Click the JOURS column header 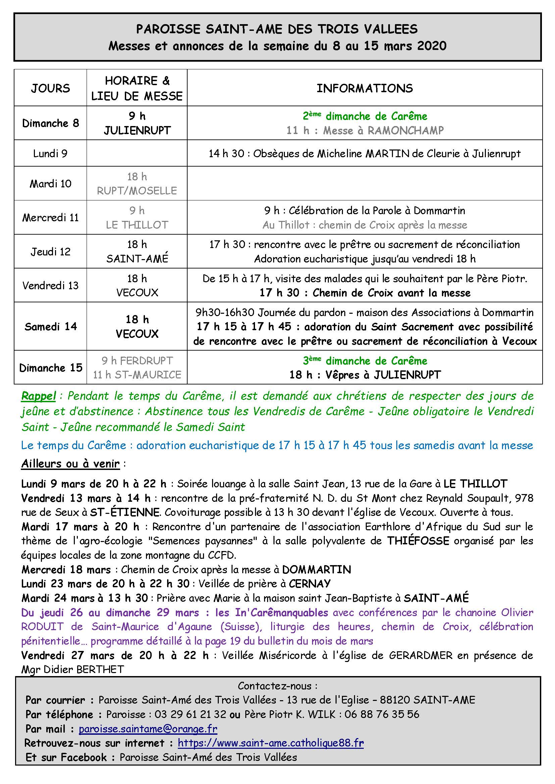(x=50, y=88)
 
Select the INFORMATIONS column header (x=365, y=88)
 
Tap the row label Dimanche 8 (x=50, y=123)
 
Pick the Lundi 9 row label (x=50, y=153)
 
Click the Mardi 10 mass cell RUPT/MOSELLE (x=137, y=190)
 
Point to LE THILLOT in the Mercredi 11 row (x=137, y=225)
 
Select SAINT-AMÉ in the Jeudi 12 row (x=137, y=258)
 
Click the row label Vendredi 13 (x=50, y=285)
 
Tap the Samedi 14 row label (x=50, y=326)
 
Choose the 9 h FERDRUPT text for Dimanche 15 (x=137, y=361)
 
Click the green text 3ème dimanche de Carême (x=365, y=361)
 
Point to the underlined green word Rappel (x=38, y=396)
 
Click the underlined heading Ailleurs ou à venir (x=70, y=464)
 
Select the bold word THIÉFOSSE (x=418, y=541)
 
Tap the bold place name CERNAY (x=310, y=584)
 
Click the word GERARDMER (x=420, y=655)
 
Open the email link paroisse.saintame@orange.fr (x=148, y=729)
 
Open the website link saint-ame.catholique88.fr (x=271, y=743)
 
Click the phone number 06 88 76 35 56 (x=382, y=714)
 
